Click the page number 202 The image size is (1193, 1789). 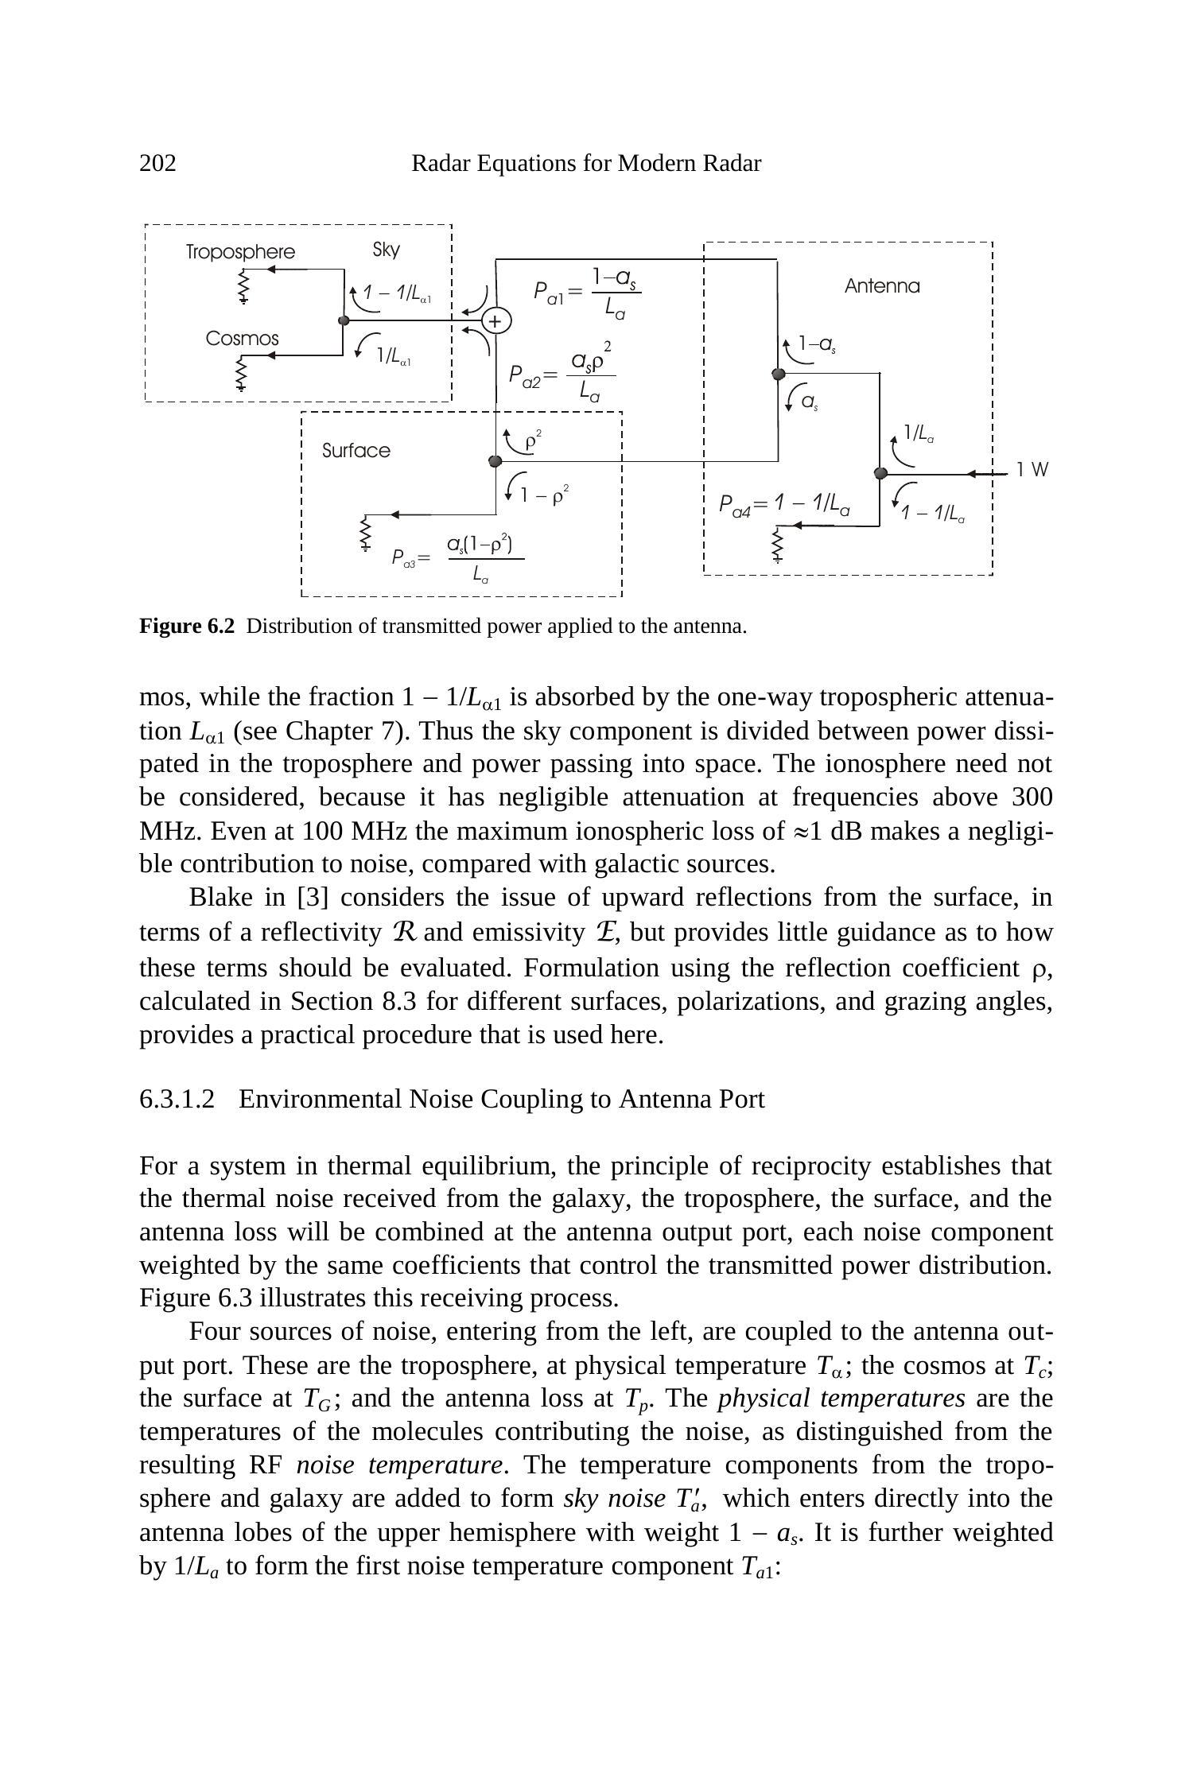point(157,164)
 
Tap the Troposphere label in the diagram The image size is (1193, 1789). point(240,252)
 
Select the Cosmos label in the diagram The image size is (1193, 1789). point(242,339)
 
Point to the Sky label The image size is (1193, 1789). point(386,250)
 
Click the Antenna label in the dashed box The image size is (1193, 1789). point(881,286)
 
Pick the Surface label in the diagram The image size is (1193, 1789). point(356,451)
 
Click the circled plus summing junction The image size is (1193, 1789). point(495,320)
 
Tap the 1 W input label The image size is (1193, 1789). point(1032,470)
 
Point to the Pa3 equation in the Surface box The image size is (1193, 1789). point(457,558)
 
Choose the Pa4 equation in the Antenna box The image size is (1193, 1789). point(783,504)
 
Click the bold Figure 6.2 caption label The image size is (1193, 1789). point(187,627)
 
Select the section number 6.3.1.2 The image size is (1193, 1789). point(177,1100)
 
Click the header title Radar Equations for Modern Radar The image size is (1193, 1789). point(585,164)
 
